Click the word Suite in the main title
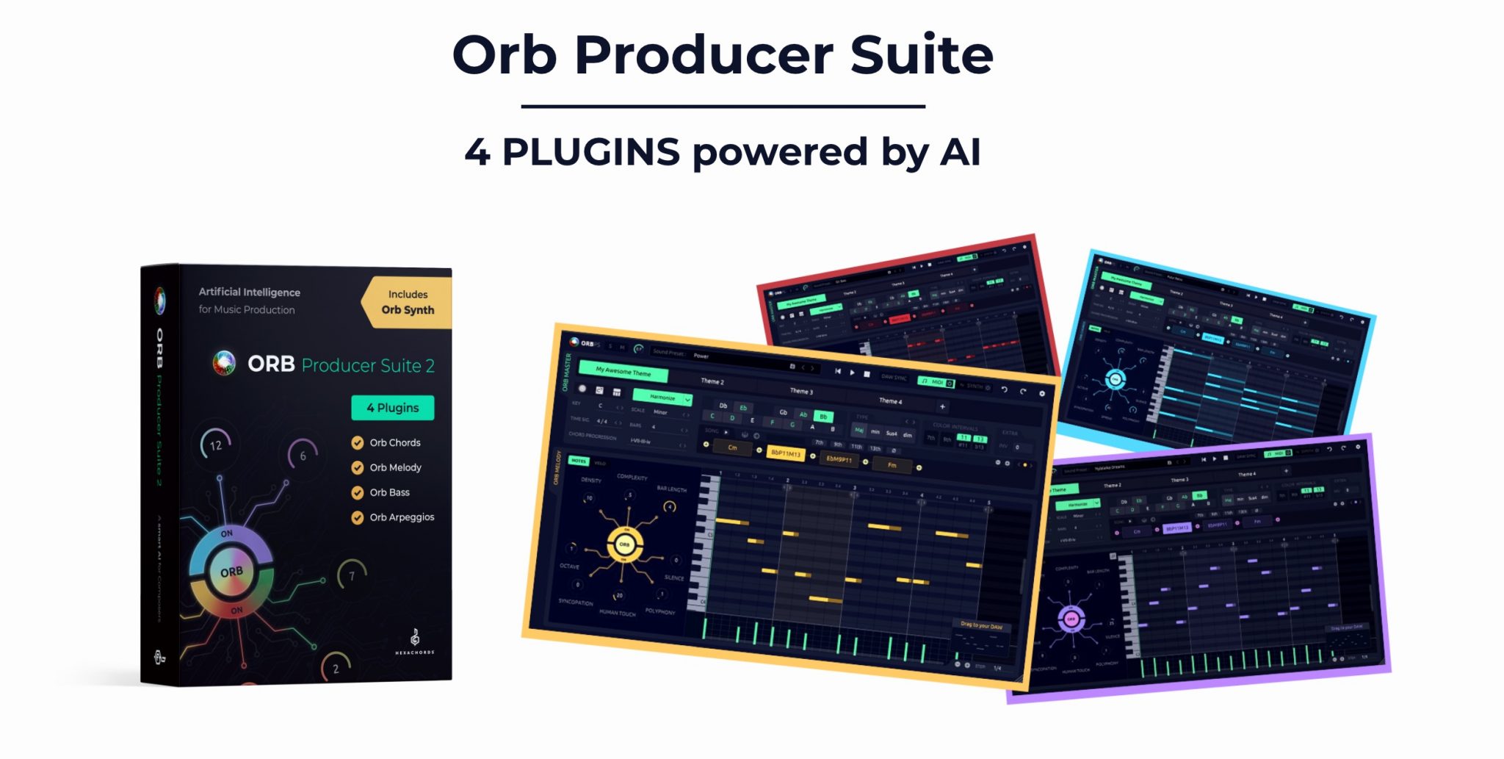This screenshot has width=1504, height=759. [x=921, y=55]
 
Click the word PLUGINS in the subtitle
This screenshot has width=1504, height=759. [x=590, y=152]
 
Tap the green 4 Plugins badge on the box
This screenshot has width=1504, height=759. [x=392, y=408]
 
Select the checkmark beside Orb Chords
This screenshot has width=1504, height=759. [x=358, y=442]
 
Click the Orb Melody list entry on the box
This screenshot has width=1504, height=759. [x=395, y=467]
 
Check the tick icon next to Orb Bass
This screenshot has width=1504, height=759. [x=358, y=492]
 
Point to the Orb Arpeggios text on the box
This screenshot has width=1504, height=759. [x=402, y=517]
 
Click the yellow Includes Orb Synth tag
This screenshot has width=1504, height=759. [x=407, y=302]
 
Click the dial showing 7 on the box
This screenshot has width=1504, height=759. [x=352, y=575]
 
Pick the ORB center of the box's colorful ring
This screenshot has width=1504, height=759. [x=231, y=572]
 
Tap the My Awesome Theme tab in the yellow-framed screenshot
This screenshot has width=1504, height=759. [x=623, y=372]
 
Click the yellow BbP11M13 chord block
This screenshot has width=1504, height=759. [x=785, y=453]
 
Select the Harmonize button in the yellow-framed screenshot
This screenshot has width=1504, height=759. [x=663, y=398]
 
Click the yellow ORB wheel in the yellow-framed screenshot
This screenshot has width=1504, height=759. [x=625, y=544]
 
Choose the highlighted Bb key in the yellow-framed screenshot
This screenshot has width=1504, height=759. [x=823, y=416]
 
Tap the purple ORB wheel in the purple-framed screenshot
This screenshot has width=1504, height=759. [x=1071, y=619]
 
